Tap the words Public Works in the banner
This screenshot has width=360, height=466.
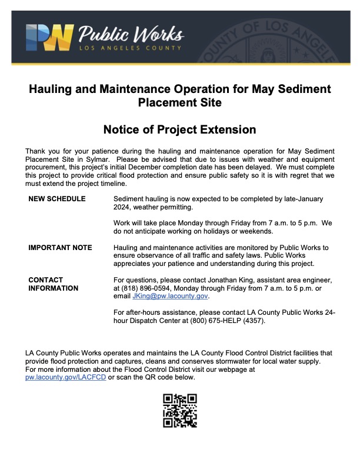(131, 33)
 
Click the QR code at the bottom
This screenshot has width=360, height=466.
(180, 410)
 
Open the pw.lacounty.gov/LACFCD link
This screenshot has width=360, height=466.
(66, 377)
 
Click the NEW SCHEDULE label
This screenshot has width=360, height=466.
(56, 199)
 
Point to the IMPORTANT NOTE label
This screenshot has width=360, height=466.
(60, 248)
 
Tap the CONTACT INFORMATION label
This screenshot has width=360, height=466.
(53, 284)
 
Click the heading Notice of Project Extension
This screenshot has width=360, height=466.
(179, 129)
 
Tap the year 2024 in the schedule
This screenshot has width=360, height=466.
(125, 208)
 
